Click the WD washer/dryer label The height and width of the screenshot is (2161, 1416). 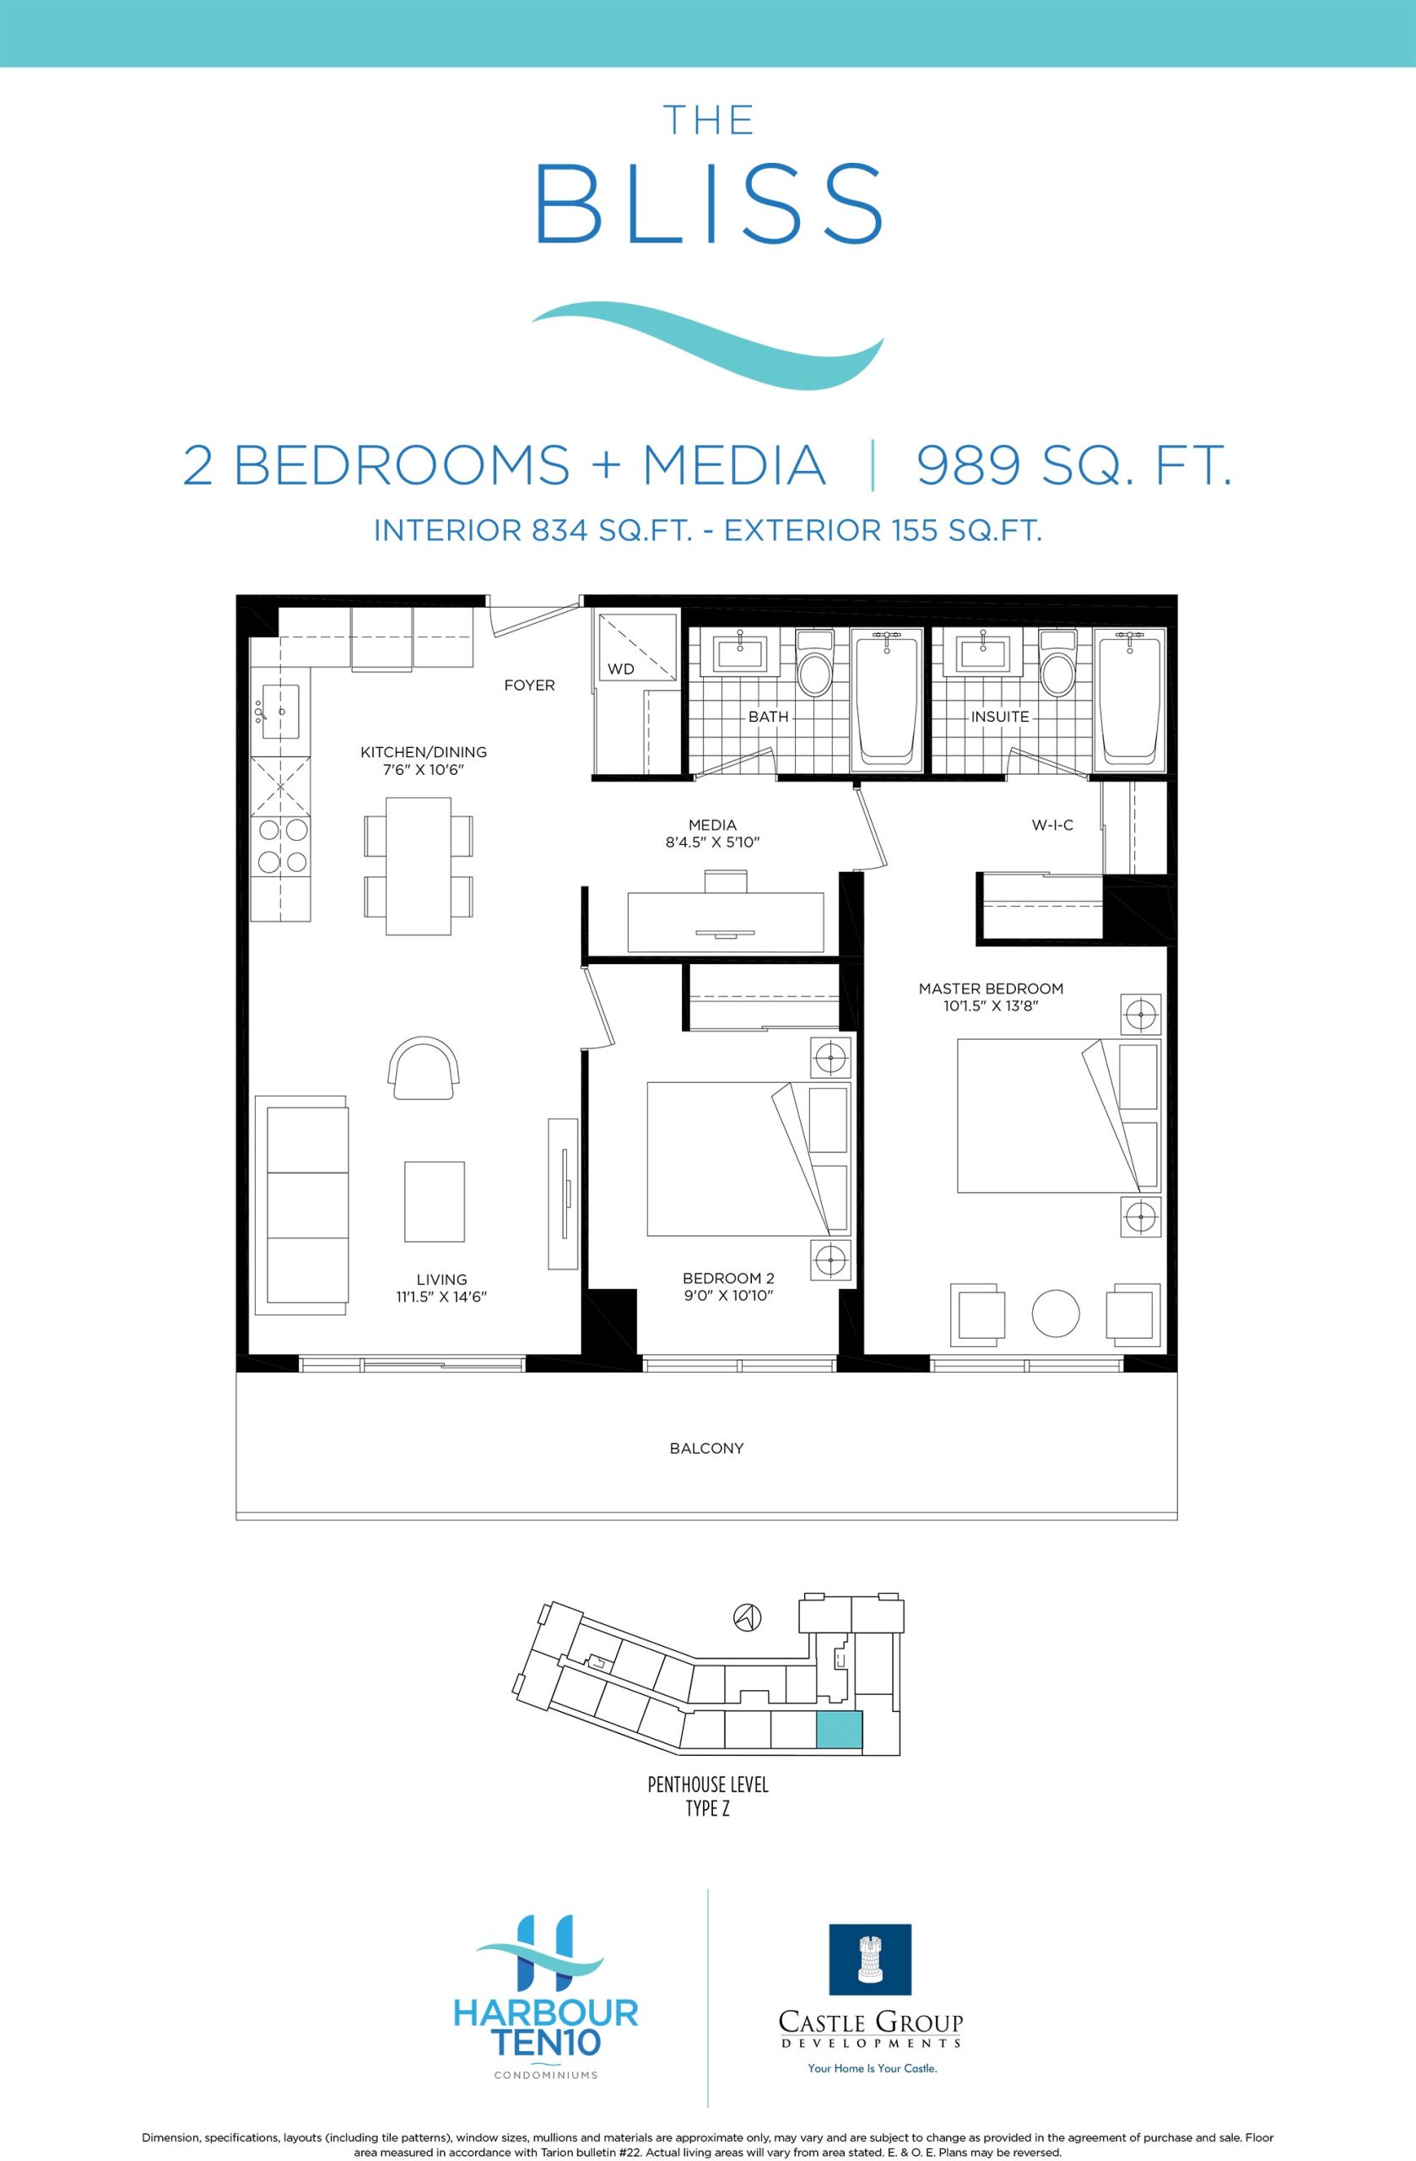click(621, 669)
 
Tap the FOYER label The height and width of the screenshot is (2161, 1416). click(529, 685)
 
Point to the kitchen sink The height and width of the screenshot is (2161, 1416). click(280, 712)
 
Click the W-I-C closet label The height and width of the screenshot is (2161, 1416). click(1053, 825)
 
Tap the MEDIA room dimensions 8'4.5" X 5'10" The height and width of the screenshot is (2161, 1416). click(712, 842)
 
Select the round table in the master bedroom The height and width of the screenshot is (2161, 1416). click(1057, 1313)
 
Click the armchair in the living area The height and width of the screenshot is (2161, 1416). click(424, 1069)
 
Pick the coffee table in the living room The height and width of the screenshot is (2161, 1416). click(435, 1201)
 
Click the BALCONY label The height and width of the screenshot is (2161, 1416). click(707, 1449)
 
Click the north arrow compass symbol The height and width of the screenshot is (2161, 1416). click(747, 1617)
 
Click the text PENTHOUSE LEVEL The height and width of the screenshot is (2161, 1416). click(708, 1785)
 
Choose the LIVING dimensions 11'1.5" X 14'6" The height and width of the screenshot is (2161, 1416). click(442, 1297)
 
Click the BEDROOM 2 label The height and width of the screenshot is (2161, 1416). click(728, 1278)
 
